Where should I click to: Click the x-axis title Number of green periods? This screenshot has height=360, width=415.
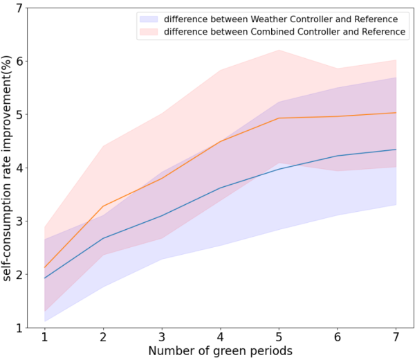220,351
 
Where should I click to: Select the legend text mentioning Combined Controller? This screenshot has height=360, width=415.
284,32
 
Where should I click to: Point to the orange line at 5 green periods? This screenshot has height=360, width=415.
278,118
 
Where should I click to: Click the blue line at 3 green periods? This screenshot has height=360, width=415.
161,216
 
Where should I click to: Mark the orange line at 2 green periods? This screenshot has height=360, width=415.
103,206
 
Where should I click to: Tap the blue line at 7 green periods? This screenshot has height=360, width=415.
395,150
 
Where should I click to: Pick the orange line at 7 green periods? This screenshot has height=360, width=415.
395,113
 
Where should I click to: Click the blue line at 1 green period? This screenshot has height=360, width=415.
44,278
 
